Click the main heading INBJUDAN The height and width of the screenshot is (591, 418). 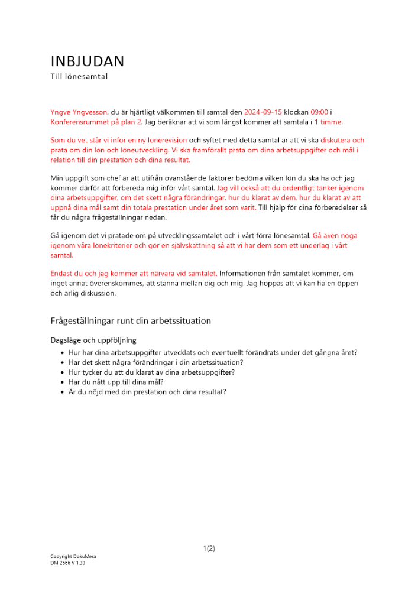[88, 61]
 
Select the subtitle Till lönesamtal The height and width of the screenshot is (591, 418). [79, 76]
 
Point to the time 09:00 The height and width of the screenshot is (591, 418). [319, 112]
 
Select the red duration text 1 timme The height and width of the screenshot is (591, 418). [328, 122]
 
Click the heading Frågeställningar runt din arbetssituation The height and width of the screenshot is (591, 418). [131, 321]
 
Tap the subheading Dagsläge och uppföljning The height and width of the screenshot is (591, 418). [93, 340]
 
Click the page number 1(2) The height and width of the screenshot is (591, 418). [209, 548]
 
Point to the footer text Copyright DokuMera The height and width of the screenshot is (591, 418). [73, 557]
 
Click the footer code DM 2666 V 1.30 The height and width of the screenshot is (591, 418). [68, 563]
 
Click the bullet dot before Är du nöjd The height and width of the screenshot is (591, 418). [62, 392]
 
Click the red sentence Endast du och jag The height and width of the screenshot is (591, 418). [134, 274]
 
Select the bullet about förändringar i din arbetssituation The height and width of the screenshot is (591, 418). [155, 362]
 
